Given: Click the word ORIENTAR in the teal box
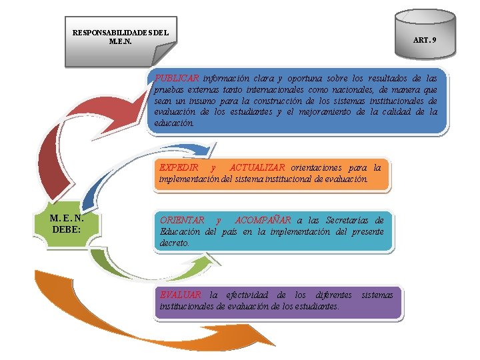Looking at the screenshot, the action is [x=182, y=220].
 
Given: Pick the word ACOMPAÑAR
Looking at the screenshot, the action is [x=263, y=220].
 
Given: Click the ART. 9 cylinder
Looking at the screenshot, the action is [x=424, y=37].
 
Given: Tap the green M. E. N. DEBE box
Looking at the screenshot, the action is [x=66, y=223].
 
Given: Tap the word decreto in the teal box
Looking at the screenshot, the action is [x=175, y=243].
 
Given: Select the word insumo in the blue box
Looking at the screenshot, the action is [x=213, y=100].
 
